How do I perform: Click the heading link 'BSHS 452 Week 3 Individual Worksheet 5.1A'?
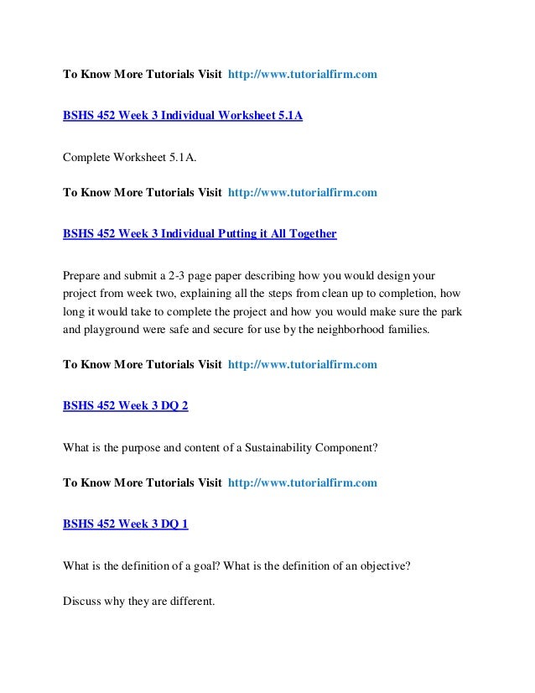click(x=183, y=115)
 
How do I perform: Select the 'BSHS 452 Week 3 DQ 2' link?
click(x=126, y=405)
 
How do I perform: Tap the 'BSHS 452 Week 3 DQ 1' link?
click(x=126, y=524)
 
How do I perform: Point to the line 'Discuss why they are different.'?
click(x=139, y=600)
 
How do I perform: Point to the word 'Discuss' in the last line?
click(x=83, y=600)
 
